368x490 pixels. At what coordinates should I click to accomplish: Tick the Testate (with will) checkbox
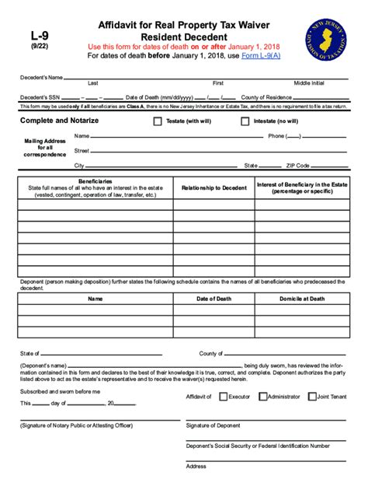click(x=158, y=121)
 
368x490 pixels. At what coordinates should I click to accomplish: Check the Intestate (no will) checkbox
click(x=245, y=121)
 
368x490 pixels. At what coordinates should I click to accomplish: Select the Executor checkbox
click(x=224, y=396)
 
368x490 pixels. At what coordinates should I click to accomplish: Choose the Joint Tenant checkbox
click(x=312, y=396)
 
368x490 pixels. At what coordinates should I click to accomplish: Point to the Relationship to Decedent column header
click(x=214, y=187)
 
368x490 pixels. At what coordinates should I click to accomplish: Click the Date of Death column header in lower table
click(x=214, y=298)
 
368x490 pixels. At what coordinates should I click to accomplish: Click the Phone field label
click(x=276, y=136)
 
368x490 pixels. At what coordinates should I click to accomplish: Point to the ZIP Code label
click(x=297, y=166)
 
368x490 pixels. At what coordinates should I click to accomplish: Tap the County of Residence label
click(x=265, y=97)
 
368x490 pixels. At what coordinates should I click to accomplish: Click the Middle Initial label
click(x=310, y=82)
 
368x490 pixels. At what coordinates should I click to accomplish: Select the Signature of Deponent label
click(x=213, y=425)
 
